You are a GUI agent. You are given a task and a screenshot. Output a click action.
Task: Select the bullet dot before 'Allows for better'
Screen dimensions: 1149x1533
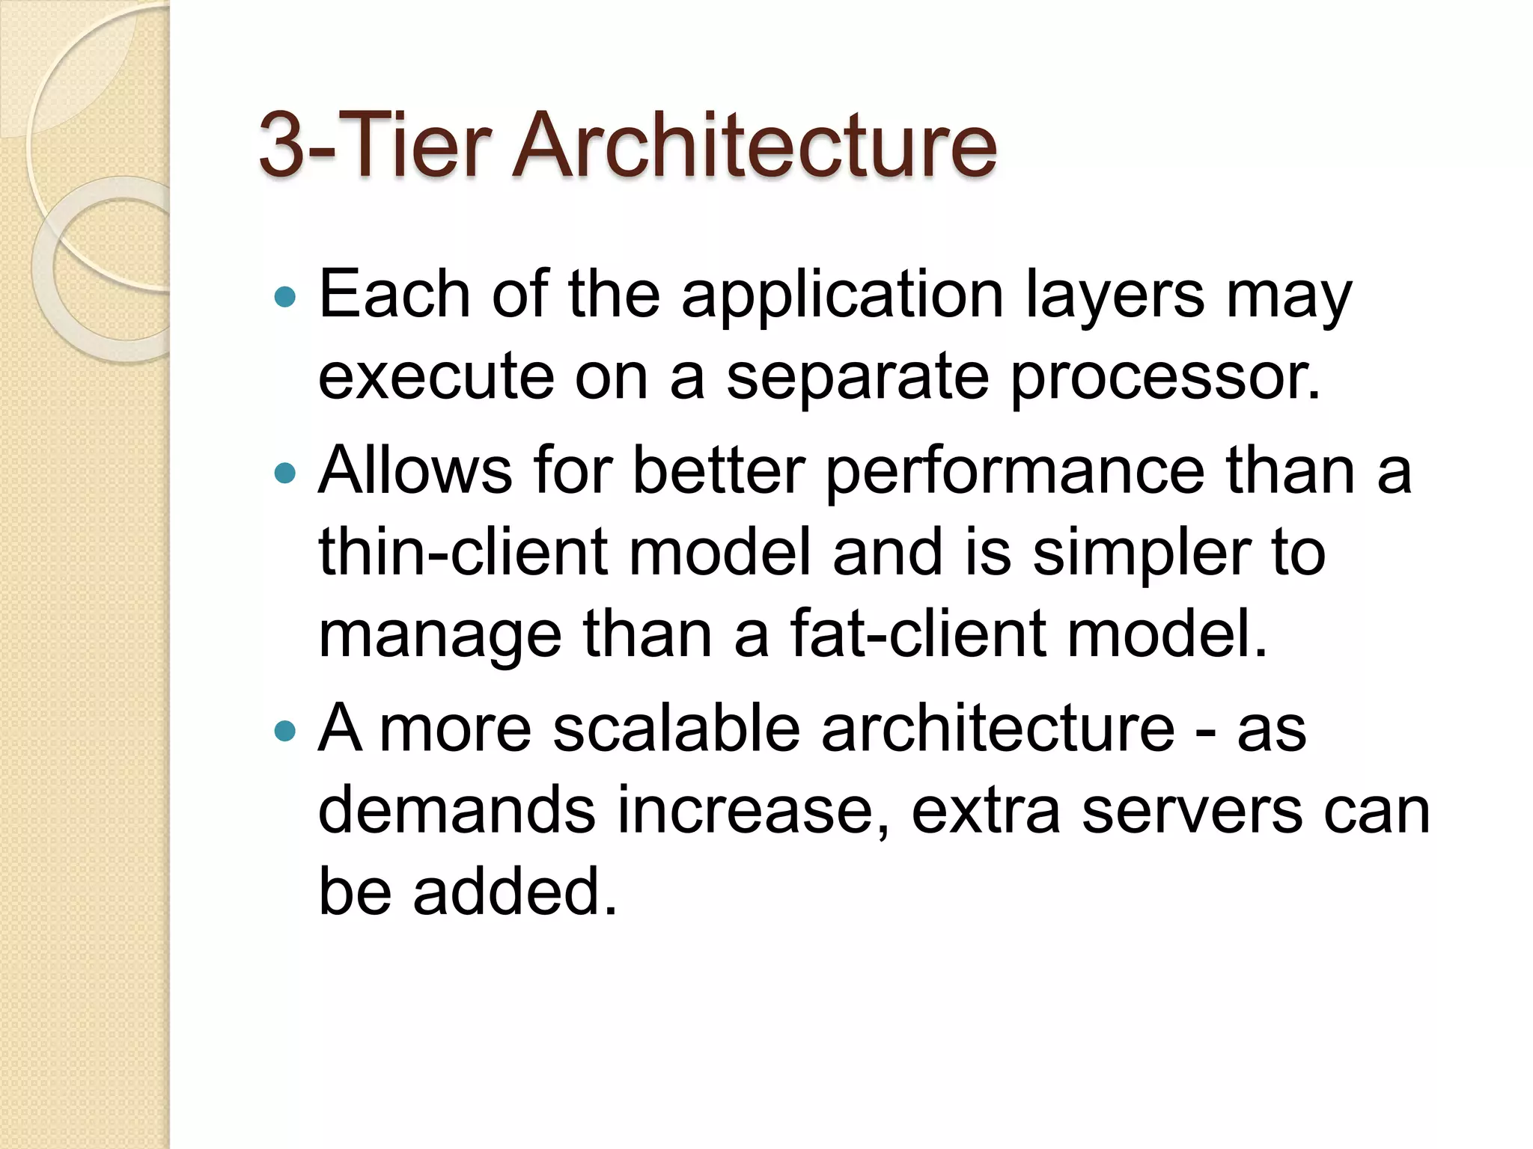click(285, 473)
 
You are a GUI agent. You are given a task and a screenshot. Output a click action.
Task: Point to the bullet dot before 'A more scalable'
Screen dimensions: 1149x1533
click(285, 730)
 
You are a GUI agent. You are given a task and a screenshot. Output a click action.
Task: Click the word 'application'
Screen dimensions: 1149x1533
click(842, 296)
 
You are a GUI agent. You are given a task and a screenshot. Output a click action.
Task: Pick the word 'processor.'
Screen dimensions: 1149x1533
click(1165, 377)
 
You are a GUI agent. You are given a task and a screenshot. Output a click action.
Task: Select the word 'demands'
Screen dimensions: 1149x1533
click(457, 811)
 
